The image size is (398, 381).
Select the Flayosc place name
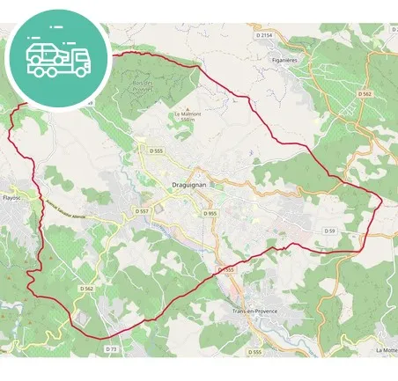[x=11, y=198]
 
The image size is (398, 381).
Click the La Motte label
[x=387, y=350]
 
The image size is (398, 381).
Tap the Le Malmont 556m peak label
[x=188, y=117]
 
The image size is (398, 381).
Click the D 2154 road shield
[x=265, y=34]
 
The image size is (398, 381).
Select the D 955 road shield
[x=210, y=214]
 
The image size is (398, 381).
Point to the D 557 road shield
[x=143, y=211]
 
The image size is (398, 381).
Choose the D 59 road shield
[x=329, y=231]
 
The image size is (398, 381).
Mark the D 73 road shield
[x=111, y=348]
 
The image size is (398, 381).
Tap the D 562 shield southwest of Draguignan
[x=86, y=288]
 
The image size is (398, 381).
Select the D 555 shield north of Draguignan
[x=157, y=150]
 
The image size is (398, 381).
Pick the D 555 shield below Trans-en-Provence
[x=254, y=351]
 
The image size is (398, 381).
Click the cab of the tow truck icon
[x=79, y=60]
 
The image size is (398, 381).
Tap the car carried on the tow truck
[x=44, y=52]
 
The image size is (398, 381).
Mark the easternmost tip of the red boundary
[x=382, y=199]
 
